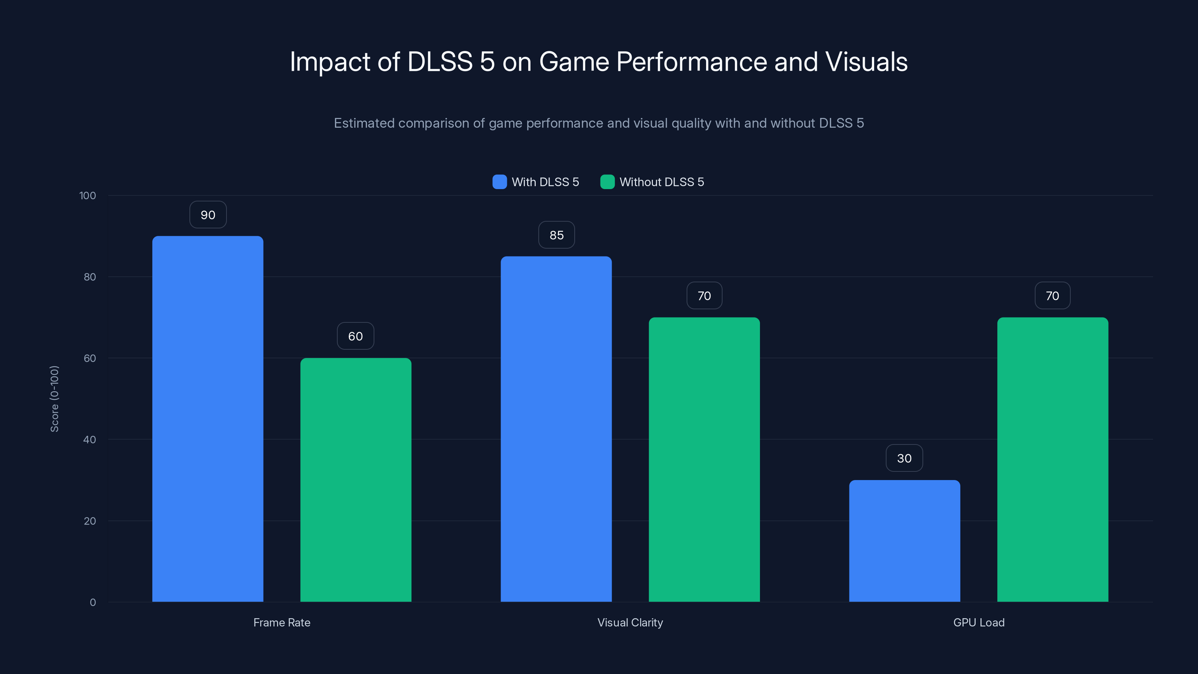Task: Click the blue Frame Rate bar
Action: click(x=207, y=419)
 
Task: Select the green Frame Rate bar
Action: click(x=356, y=479)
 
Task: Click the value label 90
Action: click(x=208, y=215)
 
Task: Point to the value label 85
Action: click(x=556, y=235)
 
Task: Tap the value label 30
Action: click(x=904, y=458)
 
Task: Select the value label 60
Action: click(x=355, y=336)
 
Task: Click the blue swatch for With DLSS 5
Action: click(x=499, y=182)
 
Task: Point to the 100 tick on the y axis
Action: click(x=88, y=195)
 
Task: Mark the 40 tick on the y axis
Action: click(x=90, y=440)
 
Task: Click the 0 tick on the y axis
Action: click(x=93, y=602)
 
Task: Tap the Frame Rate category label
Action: click(x=282, y=622)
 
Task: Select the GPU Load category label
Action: click(x=979, y=622)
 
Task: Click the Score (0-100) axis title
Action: click(x=54, y=399)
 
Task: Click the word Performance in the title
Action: click(x=691, y=61)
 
